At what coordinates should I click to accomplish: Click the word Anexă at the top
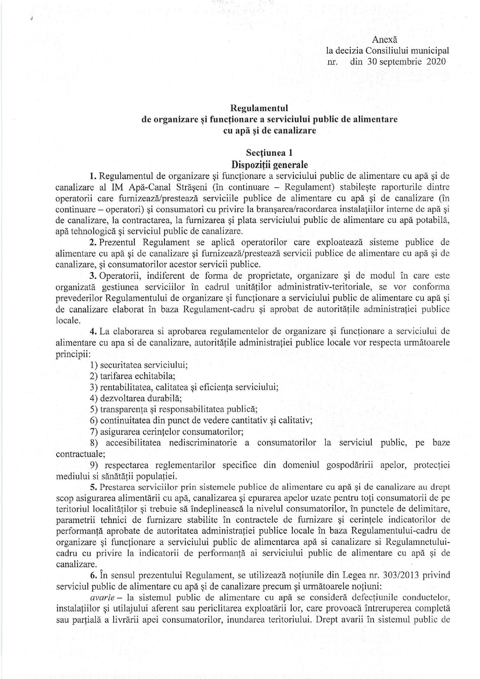pos(384,40)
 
